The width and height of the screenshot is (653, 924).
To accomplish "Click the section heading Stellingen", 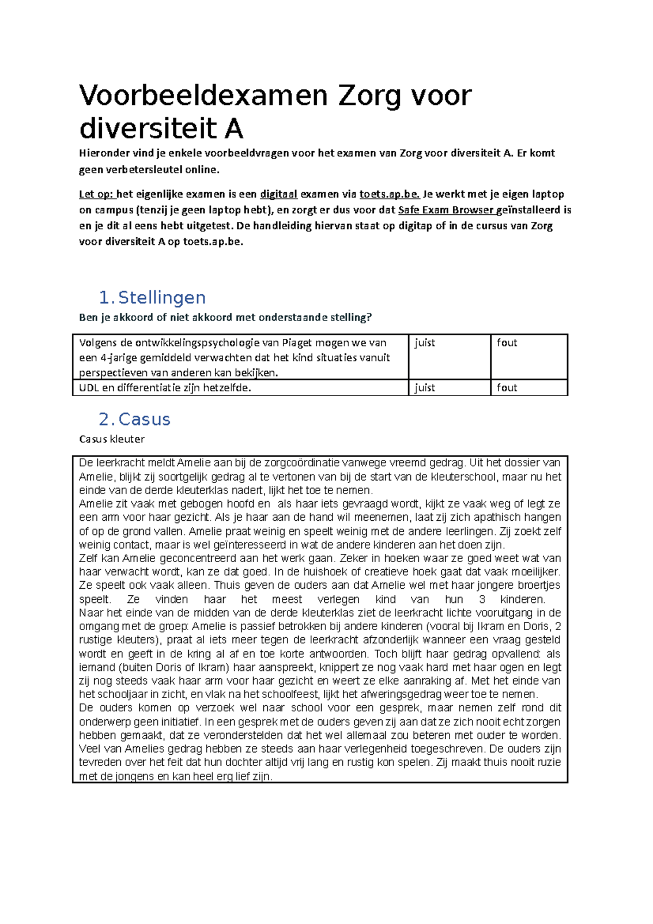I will point(162,298).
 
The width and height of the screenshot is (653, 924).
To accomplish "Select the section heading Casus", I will point(144,419).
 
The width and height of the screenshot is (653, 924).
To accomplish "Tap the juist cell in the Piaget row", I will point(425,343).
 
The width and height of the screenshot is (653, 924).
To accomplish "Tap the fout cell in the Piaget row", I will point(507,343).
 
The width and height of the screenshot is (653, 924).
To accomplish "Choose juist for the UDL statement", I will point(425,388).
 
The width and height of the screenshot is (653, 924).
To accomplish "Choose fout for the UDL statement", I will point(507,388).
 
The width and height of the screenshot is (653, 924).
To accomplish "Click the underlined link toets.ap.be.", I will point(390,194).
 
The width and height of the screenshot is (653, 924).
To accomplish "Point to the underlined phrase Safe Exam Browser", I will point(446,210).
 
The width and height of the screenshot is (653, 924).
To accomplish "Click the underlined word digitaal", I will point(279,194).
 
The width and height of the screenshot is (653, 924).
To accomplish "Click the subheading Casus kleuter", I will point(112,439).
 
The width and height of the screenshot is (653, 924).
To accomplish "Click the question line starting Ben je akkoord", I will point(225,318).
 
